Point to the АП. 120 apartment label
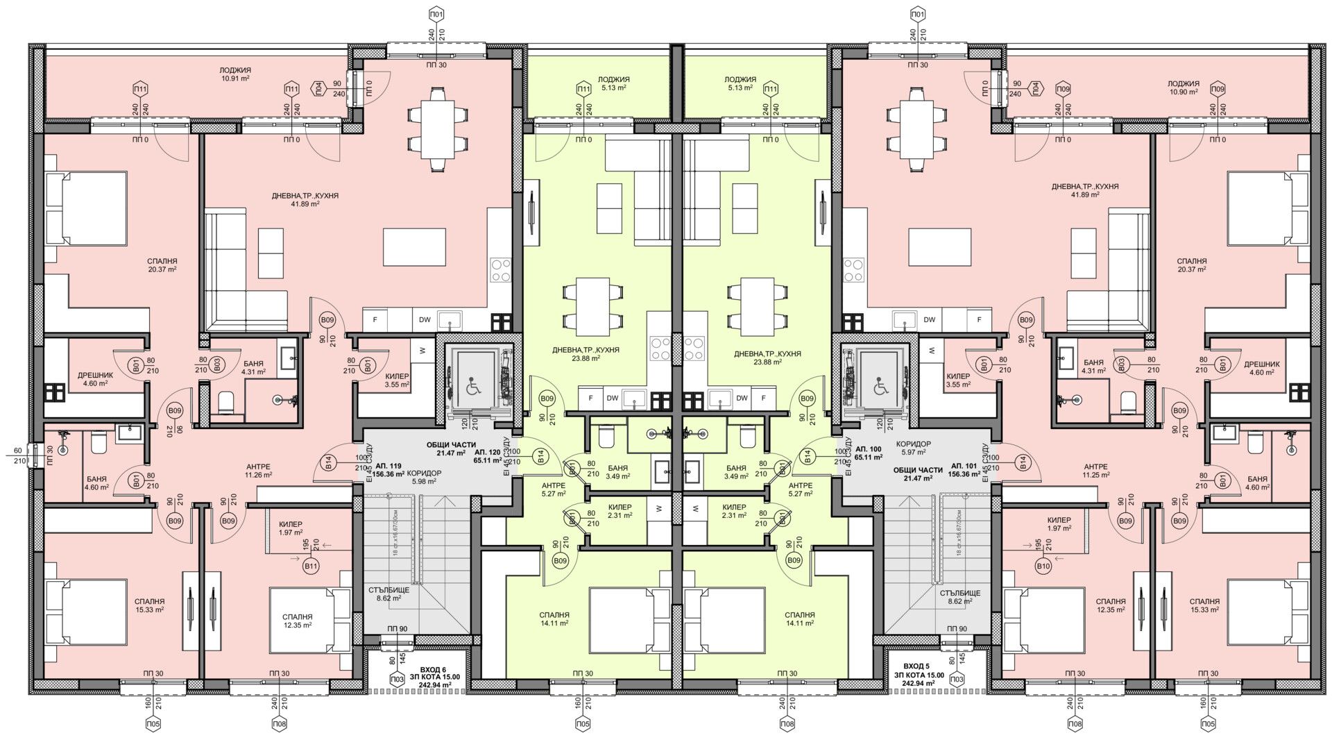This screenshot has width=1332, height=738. tap(487, 452)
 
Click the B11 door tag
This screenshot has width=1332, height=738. tap(311, 566)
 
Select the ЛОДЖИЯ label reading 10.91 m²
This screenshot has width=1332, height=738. tap(235, 74)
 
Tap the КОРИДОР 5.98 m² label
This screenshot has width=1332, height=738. tap(424, 477)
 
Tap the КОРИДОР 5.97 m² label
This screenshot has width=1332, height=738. tap(913, 448)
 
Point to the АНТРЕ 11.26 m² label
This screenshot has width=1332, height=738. tap(257, 471)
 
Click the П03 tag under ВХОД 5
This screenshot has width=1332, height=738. tap(957, 679)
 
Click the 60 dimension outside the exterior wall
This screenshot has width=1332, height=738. tap(17, 451)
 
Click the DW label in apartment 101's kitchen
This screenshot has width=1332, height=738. tap(930, 320)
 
